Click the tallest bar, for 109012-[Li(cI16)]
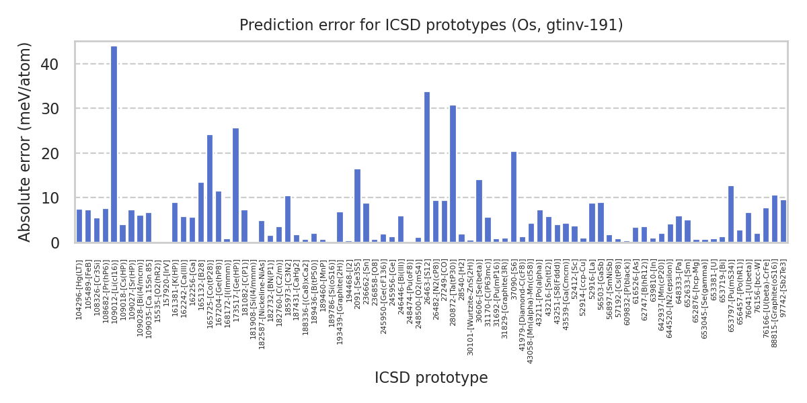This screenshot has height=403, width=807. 114,144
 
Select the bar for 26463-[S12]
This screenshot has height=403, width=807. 427,167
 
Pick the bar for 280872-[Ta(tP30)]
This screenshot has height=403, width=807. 453,174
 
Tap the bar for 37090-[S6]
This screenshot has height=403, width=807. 514,197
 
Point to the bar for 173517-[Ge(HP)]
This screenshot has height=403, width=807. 235,185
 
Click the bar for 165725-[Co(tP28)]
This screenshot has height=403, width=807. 210,189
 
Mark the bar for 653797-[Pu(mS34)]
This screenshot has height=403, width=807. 731,214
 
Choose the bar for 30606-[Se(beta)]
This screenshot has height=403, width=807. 479,211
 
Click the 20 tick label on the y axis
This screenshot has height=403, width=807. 59,154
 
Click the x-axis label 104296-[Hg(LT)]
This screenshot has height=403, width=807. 79,289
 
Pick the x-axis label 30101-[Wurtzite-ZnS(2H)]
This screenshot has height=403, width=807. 471,306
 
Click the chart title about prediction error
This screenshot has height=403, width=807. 431,26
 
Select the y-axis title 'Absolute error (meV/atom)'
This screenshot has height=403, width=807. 25,142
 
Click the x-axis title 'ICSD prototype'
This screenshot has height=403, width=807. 431,378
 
